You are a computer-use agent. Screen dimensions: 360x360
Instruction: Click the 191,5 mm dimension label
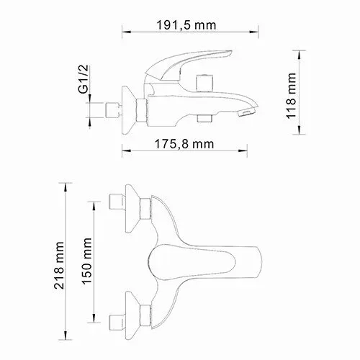click(x=186, y=25)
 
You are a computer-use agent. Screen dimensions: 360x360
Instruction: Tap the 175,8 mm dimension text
click(x=184, y=144)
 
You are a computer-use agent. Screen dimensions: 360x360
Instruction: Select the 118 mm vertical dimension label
click(x=291, y=96)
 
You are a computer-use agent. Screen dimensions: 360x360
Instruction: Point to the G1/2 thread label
click(x=84, y=79)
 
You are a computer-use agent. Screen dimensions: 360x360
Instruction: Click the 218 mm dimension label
click(x=59, y=266)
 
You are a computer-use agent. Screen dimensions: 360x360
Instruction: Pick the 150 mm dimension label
click(x=86, y=261)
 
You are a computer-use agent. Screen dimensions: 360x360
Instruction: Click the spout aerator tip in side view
click(x=247, y=112)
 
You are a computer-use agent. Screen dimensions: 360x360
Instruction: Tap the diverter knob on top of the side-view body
click(x=204, y=83)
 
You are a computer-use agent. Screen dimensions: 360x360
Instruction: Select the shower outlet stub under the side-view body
click(x=204, y=119)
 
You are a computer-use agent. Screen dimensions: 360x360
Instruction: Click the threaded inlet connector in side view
click(x=112, y=110)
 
